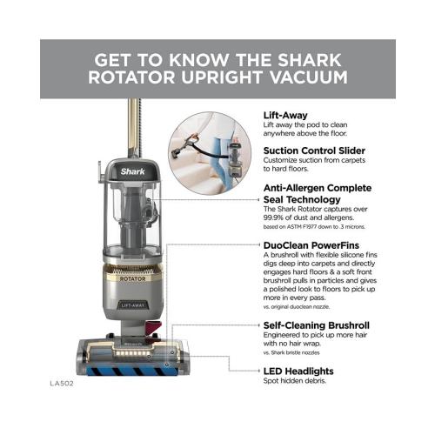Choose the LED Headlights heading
click(298, 371)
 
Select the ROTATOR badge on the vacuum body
click(133, 266)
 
